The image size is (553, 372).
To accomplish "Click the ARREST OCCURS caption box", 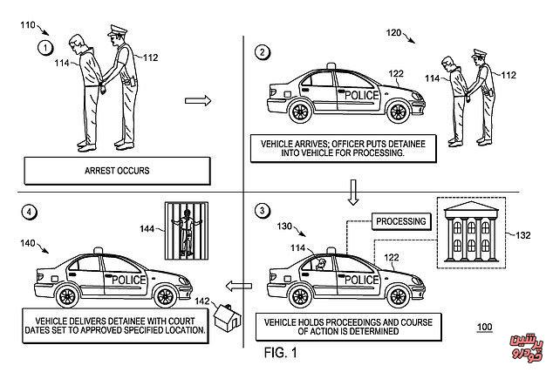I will (x=118, y=170).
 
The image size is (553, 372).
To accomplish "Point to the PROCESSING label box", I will (x=401, y=220).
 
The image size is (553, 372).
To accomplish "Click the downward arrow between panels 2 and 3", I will (x=354, y=189).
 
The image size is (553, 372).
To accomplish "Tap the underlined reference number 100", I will (x=485, y=328).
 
